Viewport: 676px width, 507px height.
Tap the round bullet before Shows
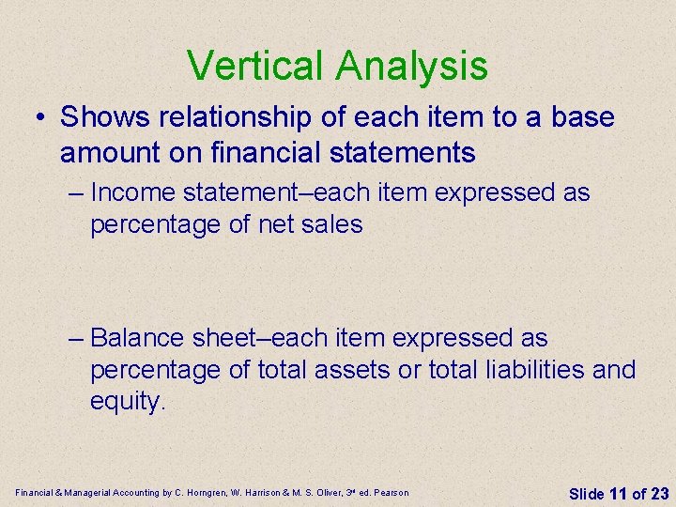click(40, 118)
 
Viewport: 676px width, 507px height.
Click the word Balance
click(139, 337)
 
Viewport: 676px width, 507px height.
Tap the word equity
click(127, 402)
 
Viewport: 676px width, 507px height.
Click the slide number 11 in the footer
click(617, 493)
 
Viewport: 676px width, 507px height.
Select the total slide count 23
click(659, 493)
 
